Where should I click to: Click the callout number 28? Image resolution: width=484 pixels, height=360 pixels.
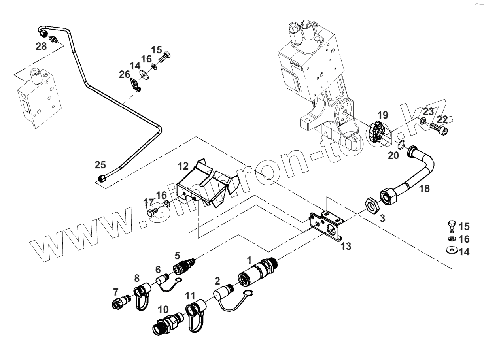(x=41, y=46)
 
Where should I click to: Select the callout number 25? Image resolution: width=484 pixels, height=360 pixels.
(x=100, y=164)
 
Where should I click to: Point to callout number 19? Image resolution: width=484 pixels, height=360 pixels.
(x=382, y=115)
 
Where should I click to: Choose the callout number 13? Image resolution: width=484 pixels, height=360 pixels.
(x=346, y=246)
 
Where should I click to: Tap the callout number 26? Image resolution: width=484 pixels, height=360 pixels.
(x=125, y=74)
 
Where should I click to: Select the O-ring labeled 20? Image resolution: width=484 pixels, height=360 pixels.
(x=401, y=145)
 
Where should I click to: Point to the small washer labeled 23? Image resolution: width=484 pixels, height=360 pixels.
(x=423, y=120)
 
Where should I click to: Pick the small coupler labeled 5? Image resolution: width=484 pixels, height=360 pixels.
(x=183, y=265)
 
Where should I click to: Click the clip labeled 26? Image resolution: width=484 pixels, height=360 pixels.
(x=136, y=85)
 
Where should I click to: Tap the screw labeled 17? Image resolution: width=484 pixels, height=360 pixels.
(x=153, y=213)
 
